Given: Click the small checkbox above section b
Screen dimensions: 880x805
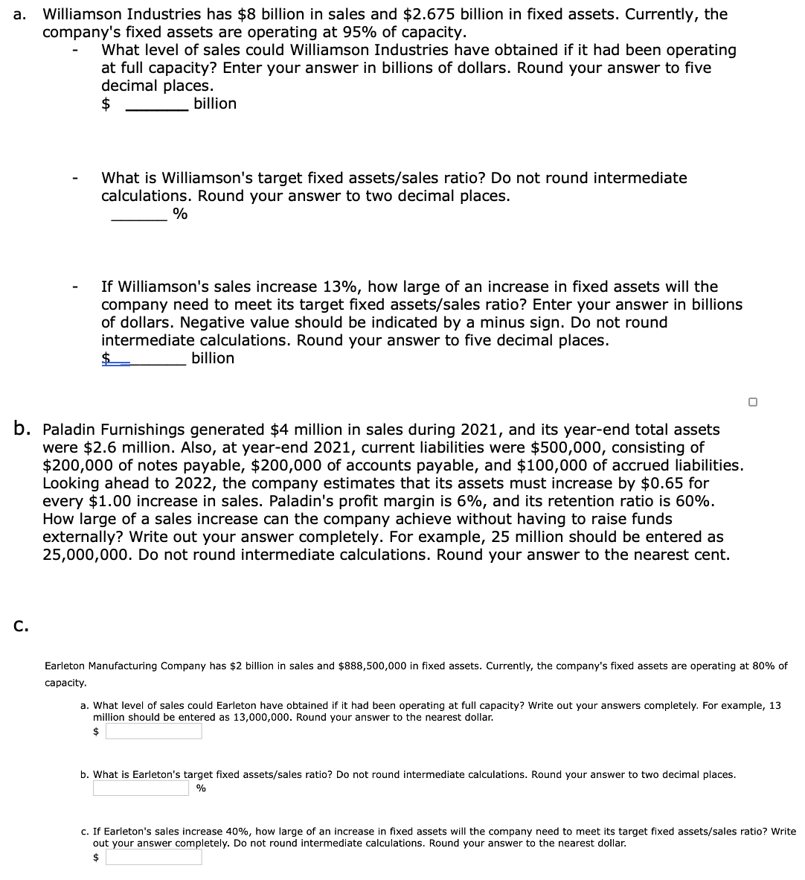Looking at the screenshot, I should click(753, 402).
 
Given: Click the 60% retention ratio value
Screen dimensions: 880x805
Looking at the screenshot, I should click(693, 501).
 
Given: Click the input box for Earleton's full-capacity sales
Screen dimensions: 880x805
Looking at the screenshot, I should click(153, 732).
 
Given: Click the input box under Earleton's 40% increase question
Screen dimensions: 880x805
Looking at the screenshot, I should click(153, 858).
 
